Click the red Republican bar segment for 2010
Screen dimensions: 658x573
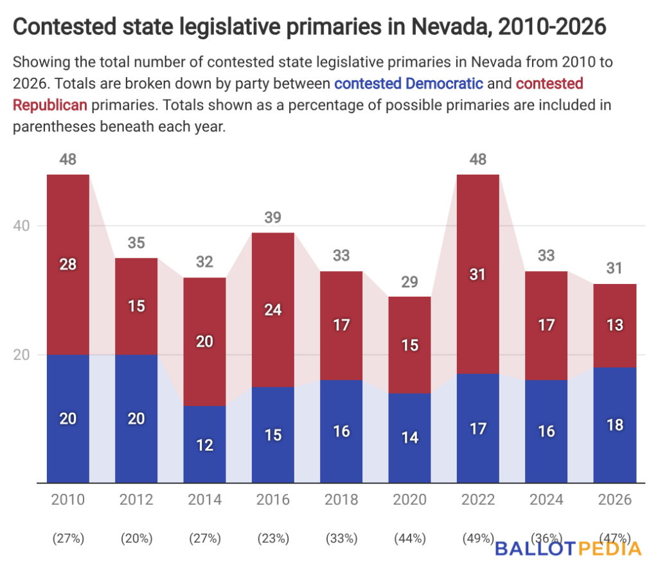click(x=68, y=265)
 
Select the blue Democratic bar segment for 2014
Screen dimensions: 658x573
click(x=205, y=445)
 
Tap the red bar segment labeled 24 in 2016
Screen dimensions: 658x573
click(x=273, y=310)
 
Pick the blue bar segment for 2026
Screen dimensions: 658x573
click(x=615, y=425)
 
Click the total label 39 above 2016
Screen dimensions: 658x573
click(x=272, y=217)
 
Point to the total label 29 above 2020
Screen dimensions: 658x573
click(x=409, y=282)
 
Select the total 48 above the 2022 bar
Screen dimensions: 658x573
click(x=478, y=159)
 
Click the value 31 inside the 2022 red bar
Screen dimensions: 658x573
click(x=478, y=274)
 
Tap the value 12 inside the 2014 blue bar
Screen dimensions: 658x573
click(x=205, y=445)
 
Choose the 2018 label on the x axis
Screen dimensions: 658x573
click(x=341, y=500)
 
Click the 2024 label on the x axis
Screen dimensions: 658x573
click(x=546, y=500)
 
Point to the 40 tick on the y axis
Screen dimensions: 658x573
click(x=21, y=226)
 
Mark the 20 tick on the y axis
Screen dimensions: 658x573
click(x=21, y=355)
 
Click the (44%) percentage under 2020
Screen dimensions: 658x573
click(x=409, y=538)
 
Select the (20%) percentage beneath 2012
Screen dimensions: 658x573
click(x=136, y=538)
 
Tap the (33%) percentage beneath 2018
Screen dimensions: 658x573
click(x=341, y=538)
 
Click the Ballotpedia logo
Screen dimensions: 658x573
click(x=568, y=549)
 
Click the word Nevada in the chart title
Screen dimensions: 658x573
click(x=450, y=27)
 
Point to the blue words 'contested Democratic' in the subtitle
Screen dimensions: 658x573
click(x=408, y=84)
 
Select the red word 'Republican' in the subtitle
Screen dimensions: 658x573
click(x=50, y=105)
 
